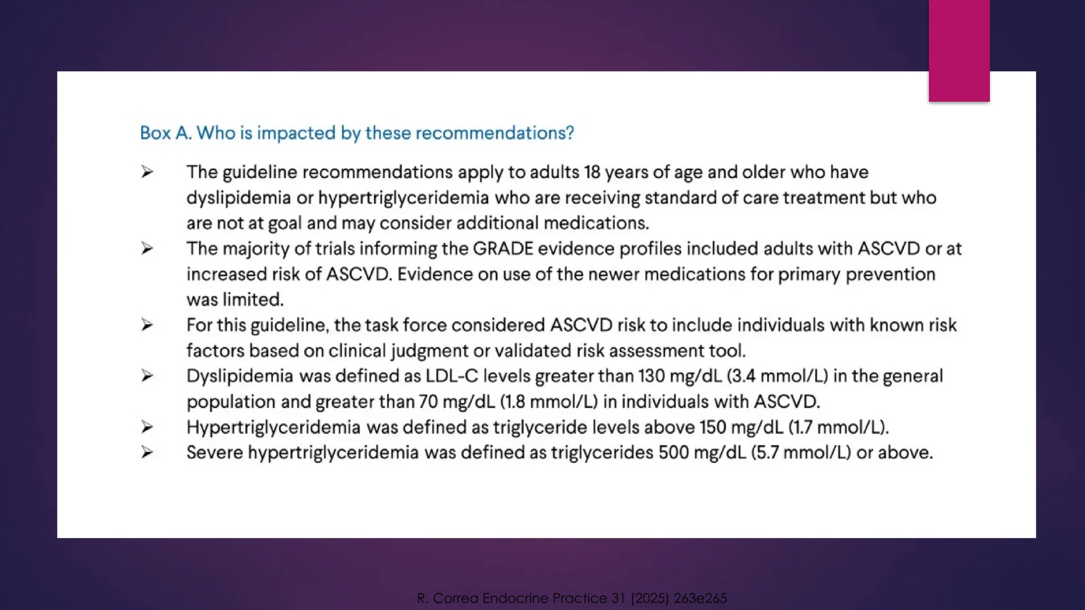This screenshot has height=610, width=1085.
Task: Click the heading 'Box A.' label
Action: [165, 133]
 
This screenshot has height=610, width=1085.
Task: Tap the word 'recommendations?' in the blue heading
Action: [495, 133]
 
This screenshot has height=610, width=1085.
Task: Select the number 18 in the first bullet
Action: [592, 172]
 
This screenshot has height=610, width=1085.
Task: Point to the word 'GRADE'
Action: [503, 249]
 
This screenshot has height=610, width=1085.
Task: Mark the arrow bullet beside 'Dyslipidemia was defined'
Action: [147, 376]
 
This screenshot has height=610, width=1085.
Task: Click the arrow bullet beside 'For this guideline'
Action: [147, 325]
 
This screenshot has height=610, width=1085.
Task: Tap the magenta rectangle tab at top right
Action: [959, 50]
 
